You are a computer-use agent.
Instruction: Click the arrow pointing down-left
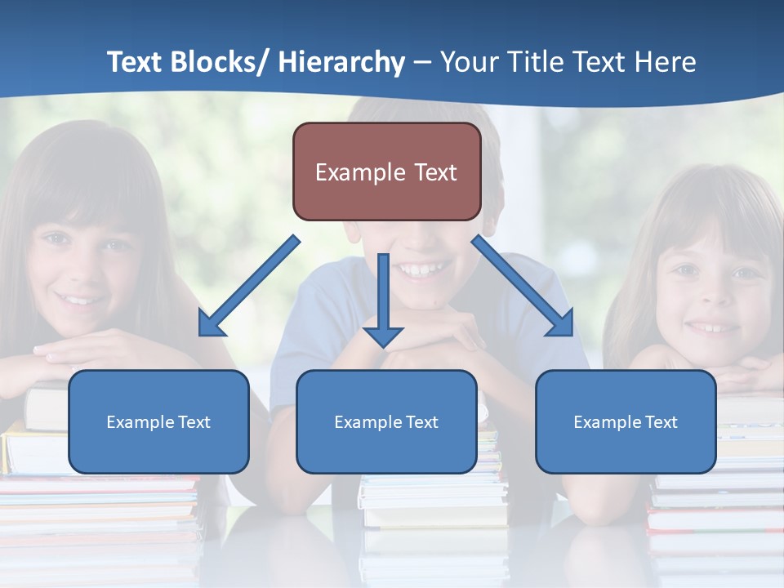pos(249,287)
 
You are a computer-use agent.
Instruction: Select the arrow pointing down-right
pos(523,287)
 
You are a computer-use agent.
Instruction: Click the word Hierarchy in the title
pos(341,62)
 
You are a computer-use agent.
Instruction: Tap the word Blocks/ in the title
pos(220,62)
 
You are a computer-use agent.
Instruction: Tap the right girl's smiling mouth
pos(713,327)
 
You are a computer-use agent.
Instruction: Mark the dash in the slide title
pos(422,63)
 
